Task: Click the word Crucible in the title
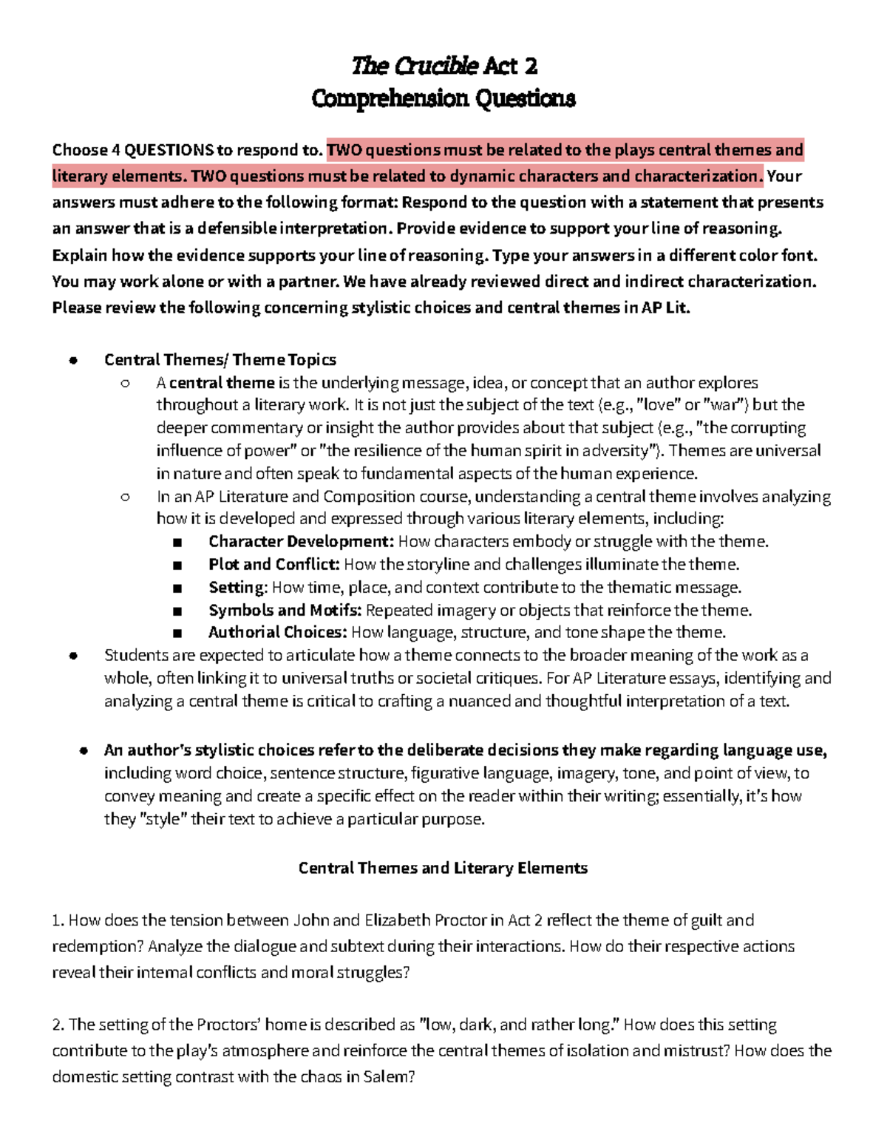[x=436, y=66]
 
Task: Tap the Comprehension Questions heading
[x=443, y=98]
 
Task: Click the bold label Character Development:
[x=301, y=541]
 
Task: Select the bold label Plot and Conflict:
[x=273, y=564]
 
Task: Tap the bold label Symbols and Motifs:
[x=285, y=610]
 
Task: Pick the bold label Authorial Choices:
[x=277, y=632]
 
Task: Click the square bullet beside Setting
[x=177, y=588]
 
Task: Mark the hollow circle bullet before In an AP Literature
[x=125, y=497]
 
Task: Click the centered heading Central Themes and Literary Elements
[x=443, y=868]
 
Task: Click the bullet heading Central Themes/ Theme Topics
[x=220, y=360]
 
